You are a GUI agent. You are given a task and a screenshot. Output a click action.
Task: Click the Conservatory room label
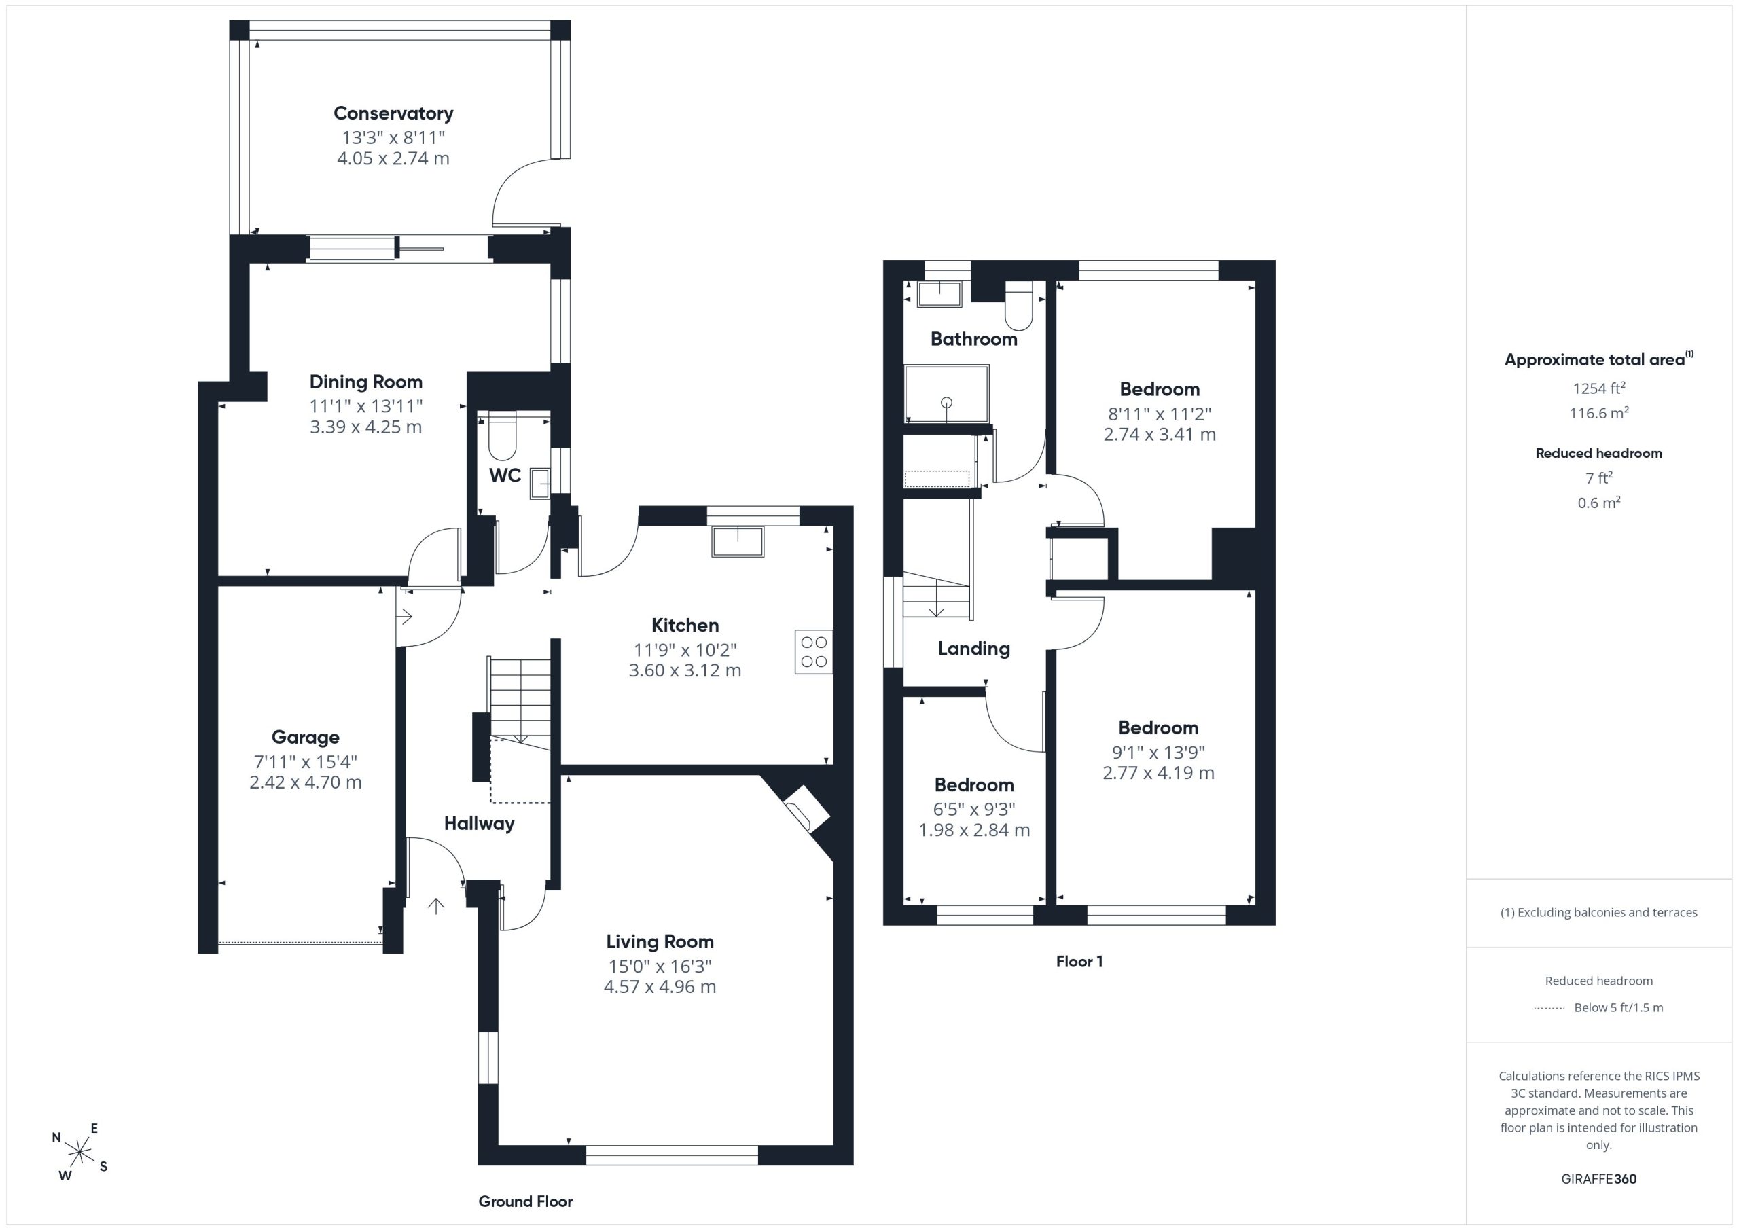click(393, 113)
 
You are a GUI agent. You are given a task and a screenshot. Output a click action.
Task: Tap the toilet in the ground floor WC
click(502, 435)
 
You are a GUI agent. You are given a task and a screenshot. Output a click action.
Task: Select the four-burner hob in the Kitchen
click(813, 652)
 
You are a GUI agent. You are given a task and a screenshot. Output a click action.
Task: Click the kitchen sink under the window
click(738, 541)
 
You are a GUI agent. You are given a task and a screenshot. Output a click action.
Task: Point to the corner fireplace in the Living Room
click(806, 809)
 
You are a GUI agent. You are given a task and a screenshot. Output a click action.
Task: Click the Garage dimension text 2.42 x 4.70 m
click(305, 782)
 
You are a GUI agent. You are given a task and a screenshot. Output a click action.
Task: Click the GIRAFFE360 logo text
click(1599, 1179)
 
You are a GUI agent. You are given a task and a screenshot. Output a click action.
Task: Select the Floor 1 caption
click(1079, 962)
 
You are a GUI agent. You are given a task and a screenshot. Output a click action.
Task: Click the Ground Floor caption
click(526, 1202)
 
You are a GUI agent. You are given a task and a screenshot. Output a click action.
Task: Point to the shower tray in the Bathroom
click(947, 394)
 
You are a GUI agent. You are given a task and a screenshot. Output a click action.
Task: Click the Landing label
click(974, 649)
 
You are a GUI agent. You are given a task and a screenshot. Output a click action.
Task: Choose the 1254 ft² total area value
click(1599, 388)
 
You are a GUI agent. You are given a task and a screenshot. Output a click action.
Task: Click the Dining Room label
click(366, 382)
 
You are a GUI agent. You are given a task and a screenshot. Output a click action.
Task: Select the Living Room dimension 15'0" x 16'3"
click(660, 966)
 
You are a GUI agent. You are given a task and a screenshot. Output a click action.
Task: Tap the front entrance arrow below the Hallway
click(435, 906)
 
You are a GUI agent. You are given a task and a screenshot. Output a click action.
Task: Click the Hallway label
click(480, 824)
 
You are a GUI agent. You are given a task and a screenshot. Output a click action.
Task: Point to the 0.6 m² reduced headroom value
click(1599, 503)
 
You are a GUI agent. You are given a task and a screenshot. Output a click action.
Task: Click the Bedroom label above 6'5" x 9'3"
click(974, 785)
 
